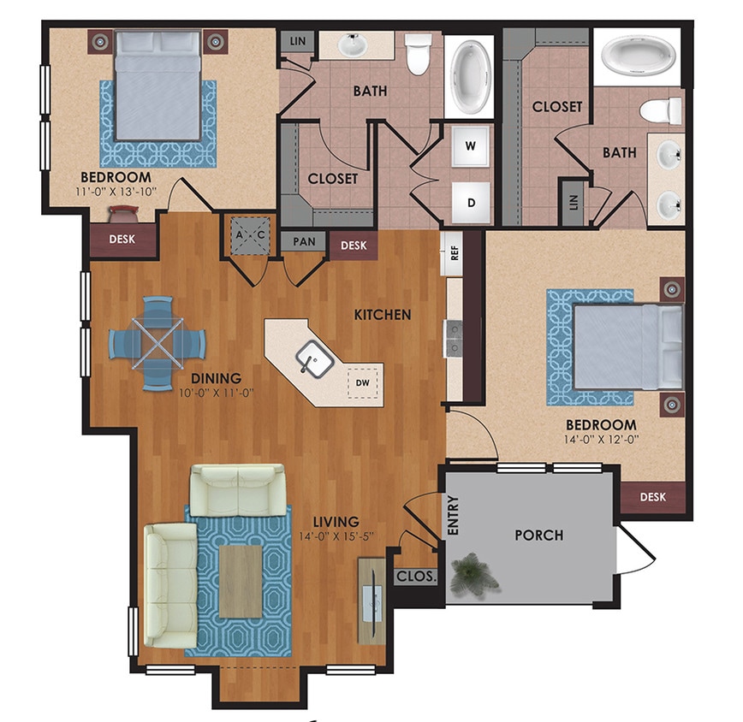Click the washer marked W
coord(470,145)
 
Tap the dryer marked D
coord(470,203)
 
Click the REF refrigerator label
coord(454,253)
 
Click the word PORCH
coord(538,536)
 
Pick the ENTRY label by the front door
coord(454,517)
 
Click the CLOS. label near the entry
coord(416,577)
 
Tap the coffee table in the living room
coord(241,583)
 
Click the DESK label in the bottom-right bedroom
coord(653,496)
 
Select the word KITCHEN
coord(383,315)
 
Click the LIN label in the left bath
coord(298,41)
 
